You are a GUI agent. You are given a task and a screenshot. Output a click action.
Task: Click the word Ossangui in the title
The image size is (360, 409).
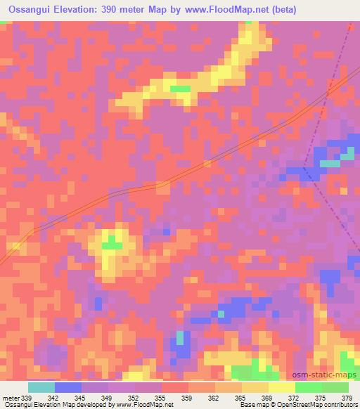coord(26,10)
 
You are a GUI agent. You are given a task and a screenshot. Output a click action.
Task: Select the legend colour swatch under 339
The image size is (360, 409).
coord(41,388)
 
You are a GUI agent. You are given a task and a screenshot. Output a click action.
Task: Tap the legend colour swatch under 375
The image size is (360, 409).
coord(309,388)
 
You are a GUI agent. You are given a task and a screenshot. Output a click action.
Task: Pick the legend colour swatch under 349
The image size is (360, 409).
coord(95,388)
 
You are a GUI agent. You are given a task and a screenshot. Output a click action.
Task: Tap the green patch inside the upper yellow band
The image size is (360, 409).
coord(181,89)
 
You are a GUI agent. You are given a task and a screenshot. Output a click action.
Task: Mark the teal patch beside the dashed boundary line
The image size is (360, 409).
coord(329,163)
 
